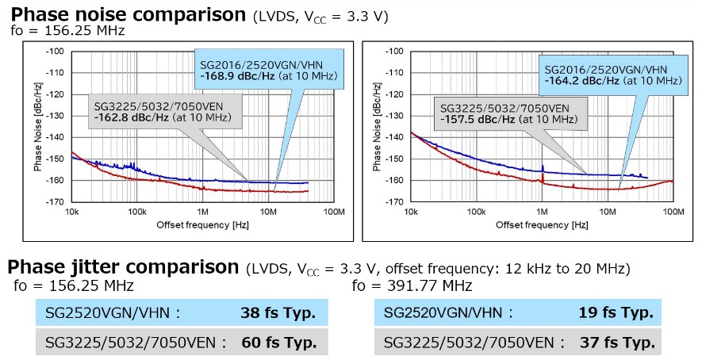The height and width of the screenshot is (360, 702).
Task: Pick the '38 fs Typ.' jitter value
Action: (278, 312)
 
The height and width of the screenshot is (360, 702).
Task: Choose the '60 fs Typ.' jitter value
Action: (278, 343)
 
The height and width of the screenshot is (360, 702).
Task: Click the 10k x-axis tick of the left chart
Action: (71, 213)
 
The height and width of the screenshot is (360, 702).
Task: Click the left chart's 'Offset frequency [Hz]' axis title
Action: (202, 225)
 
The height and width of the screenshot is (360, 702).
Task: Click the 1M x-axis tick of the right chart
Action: (542, 213)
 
